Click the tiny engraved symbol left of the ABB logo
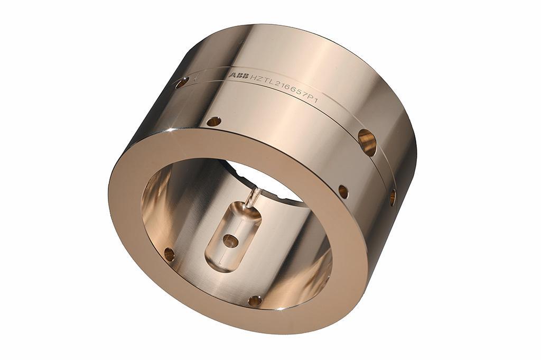pyautogui.click(x=195, y=78)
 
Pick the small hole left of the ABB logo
pyautogui.click(x=182, y=82)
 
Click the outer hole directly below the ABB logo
pyautogui.click(x=214, y=121)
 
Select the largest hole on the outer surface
pyautogui.click(x=367, y=142)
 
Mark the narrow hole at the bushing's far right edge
pyautogui.click(x=393, y=197)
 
